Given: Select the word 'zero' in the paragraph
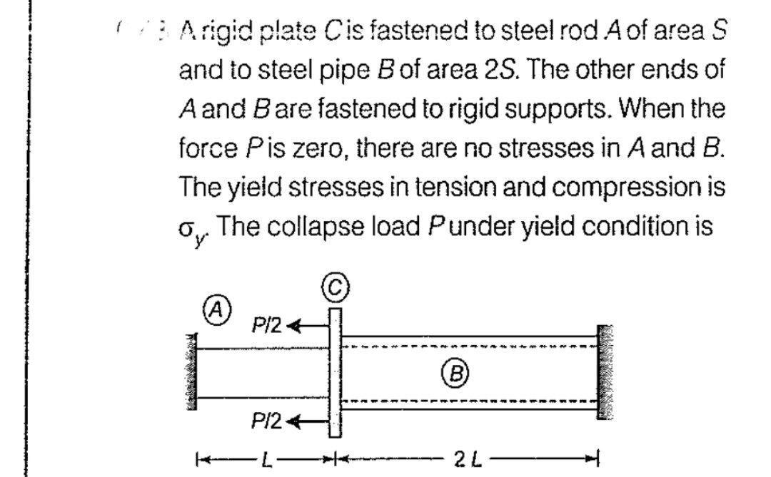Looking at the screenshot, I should click(x=316, y=149).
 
